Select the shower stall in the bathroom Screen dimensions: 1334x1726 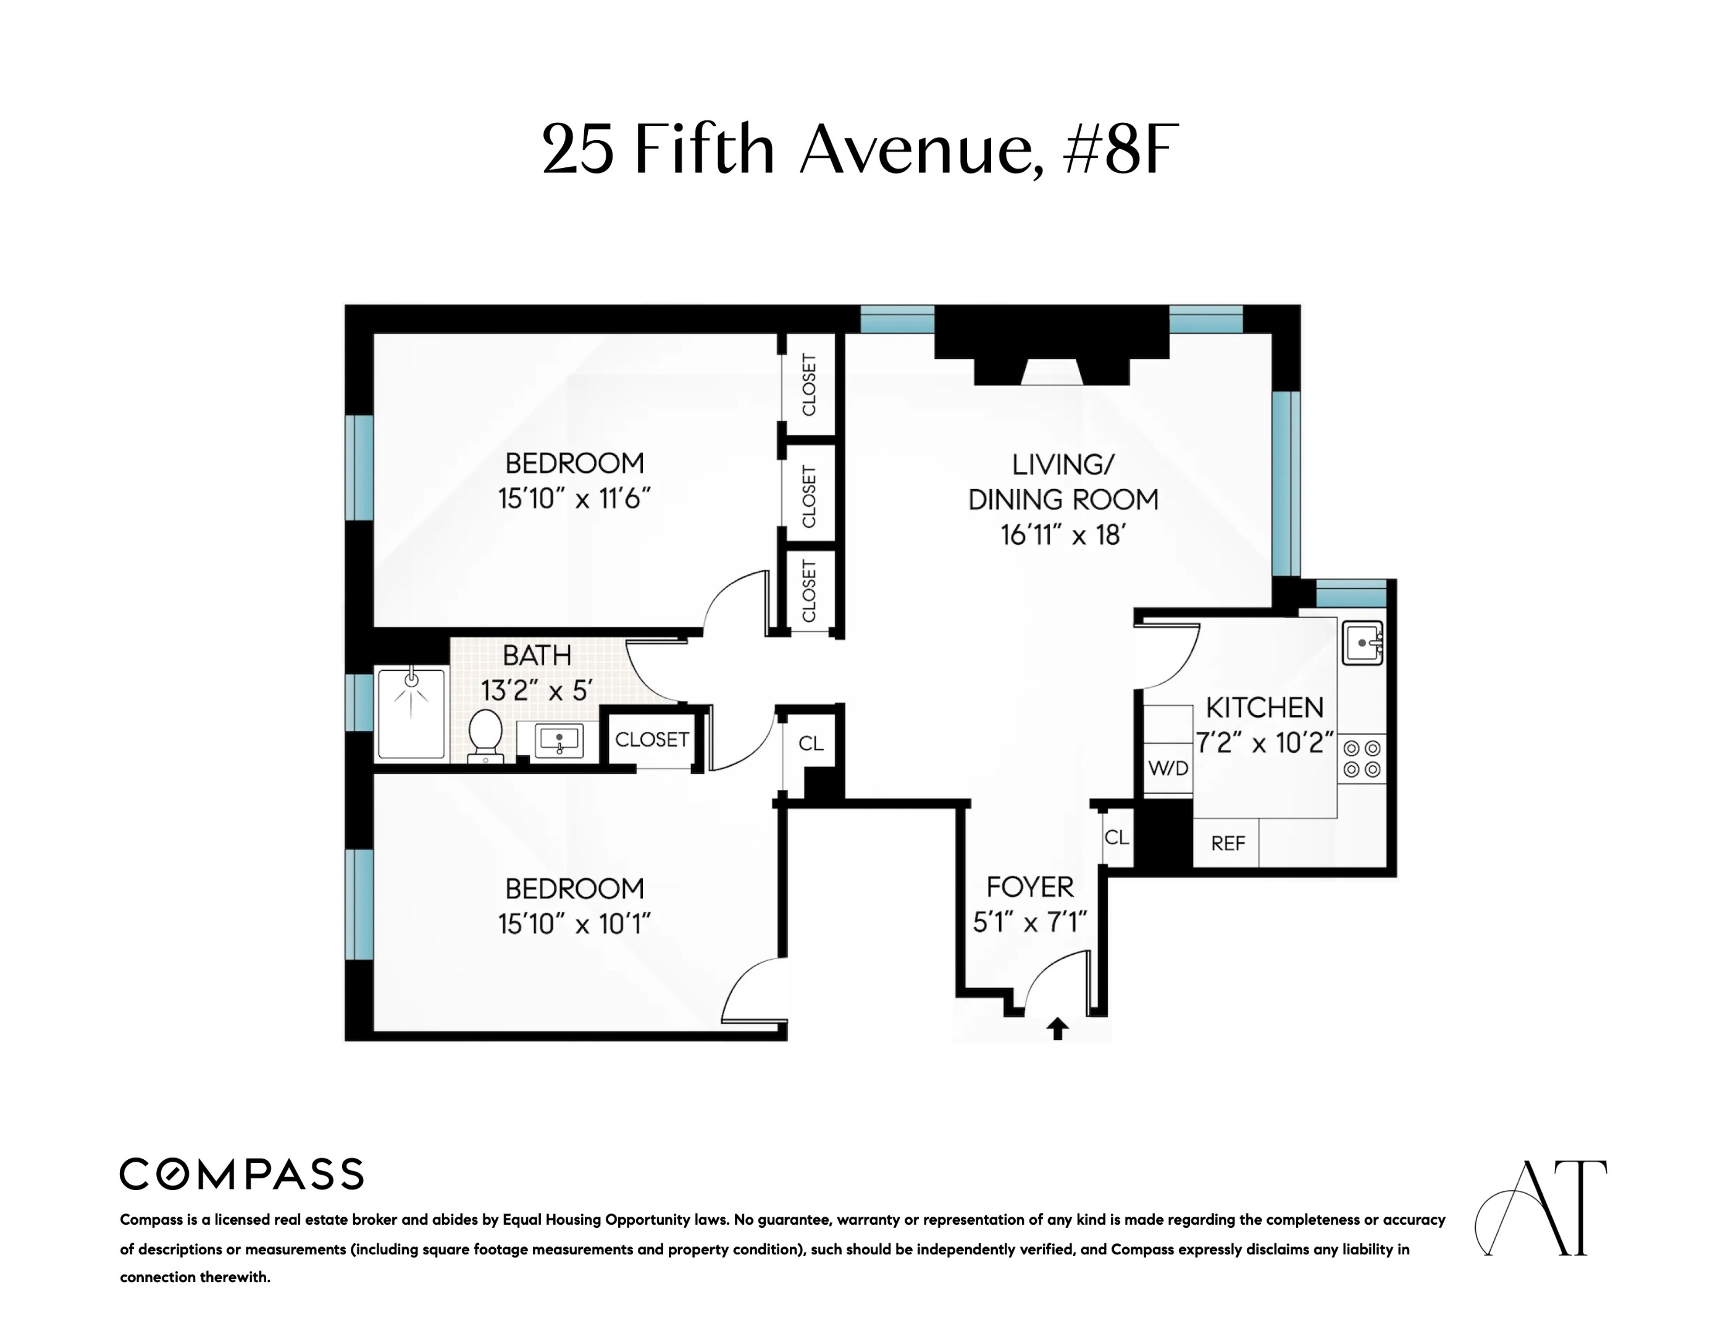point(411,713)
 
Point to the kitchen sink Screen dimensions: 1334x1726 point(1362,642)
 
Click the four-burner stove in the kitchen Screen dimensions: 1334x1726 point(1362,758)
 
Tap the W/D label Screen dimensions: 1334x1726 point(1168,768)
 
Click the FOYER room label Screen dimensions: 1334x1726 point(1030,887)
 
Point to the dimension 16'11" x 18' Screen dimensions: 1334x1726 point(1062,536)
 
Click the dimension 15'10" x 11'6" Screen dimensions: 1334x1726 point(574,498)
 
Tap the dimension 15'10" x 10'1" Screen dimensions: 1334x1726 point(574,924)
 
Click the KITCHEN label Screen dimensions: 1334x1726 point(1265,707)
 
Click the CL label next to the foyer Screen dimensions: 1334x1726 point(1116,837)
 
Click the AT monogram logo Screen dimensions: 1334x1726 point(1541,1207)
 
